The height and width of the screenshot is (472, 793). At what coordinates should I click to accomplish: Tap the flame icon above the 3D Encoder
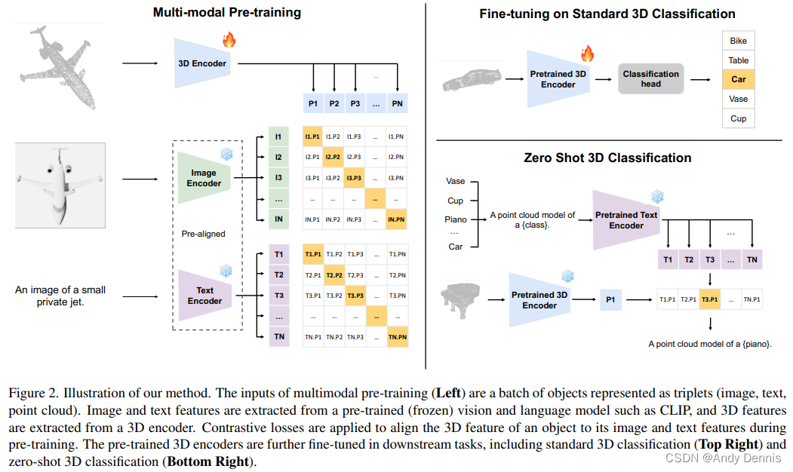click(x=229, y=39)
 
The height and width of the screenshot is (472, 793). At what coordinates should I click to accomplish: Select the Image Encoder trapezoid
click(x=203, y=178)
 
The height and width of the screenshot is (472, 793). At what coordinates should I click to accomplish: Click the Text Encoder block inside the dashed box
click(x=204, y=295)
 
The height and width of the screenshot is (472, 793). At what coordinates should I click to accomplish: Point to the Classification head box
click(x=650, y=78)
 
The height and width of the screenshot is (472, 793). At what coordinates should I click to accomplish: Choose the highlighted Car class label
click(x=738, y=79)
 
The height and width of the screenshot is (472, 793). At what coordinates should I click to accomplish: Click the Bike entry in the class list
click(x=738, y=41)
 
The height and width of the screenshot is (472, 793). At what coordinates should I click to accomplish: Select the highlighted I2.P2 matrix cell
click(x=333, y=157)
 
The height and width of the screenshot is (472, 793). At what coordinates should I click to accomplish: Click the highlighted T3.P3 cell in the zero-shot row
click(x=710, y=299)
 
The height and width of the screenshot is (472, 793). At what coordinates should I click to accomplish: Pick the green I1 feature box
click(x=278, y=136)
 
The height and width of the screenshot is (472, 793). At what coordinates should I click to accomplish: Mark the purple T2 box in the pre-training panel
click(x=279, y=275)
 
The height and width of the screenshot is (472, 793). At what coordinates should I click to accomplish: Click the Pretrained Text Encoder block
click(x=626, y=219)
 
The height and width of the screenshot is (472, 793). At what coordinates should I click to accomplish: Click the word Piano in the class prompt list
click(x=456, y=219)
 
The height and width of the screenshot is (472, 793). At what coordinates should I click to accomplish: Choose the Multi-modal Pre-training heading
click(x=226, y=12)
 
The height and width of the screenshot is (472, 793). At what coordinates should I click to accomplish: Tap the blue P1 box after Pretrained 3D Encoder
click(x=611, y=299)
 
